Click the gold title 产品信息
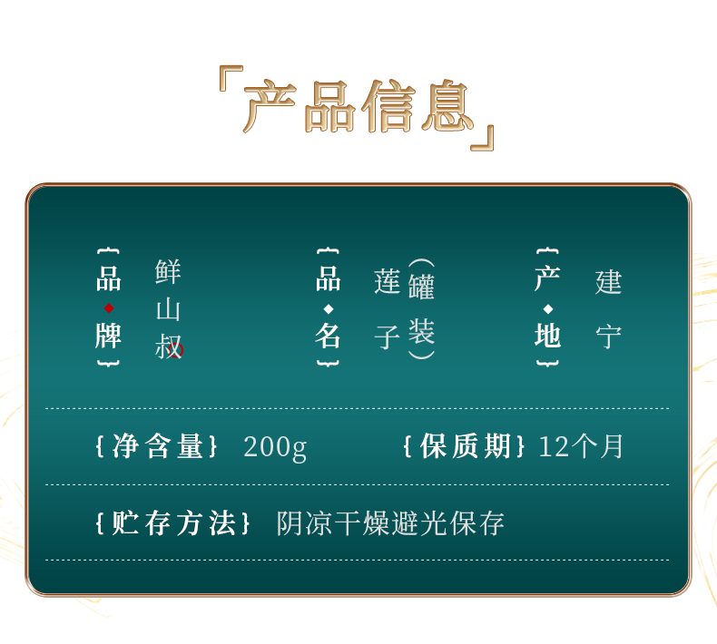(358, 106)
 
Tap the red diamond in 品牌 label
(109, 308)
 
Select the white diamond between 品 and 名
(328, 309)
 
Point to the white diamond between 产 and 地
(548, 309)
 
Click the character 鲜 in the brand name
(168, 271)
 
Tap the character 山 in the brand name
(168, 309)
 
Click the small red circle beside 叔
(176, 350)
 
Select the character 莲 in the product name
(388, 281)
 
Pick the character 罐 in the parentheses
(421, 286)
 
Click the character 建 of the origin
(608, 281)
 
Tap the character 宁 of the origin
(608, 337)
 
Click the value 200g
(275, 447)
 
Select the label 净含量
(158, 445)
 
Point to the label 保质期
(465, 445)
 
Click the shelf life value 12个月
(581, 446)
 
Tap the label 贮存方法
(173, 522)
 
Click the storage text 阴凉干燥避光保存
(390, 522)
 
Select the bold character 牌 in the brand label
(108, 336)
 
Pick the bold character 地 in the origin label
(548, 336)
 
